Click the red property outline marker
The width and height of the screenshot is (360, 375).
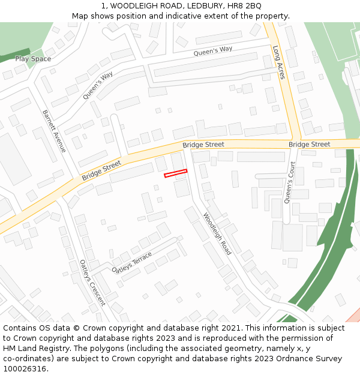(x=176, y=173)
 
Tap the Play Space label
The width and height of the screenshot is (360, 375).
(x=33, y=59)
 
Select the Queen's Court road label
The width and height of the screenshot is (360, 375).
(x=290, y=182)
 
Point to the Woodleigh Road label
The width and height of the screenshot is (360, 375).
(x=217, y=233)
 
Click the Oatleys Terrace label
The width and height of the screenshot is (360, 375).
(x=132, y=263)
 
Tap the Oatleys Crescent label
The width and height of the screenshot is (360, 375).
(x=92, y=282)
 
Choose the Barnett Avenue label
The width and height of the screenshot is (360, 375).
(x=53, y=130)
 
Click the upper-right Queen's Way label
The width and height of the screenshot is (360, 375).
(x=212, y=52)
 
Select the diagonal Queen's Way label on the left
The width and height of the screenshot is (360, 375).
(x=98, y=85)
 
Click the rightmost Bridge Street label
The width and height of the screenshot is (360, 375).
(x=309, y=145)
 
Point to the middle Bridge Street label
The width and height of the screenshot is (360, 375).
(x=203, y=145)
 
